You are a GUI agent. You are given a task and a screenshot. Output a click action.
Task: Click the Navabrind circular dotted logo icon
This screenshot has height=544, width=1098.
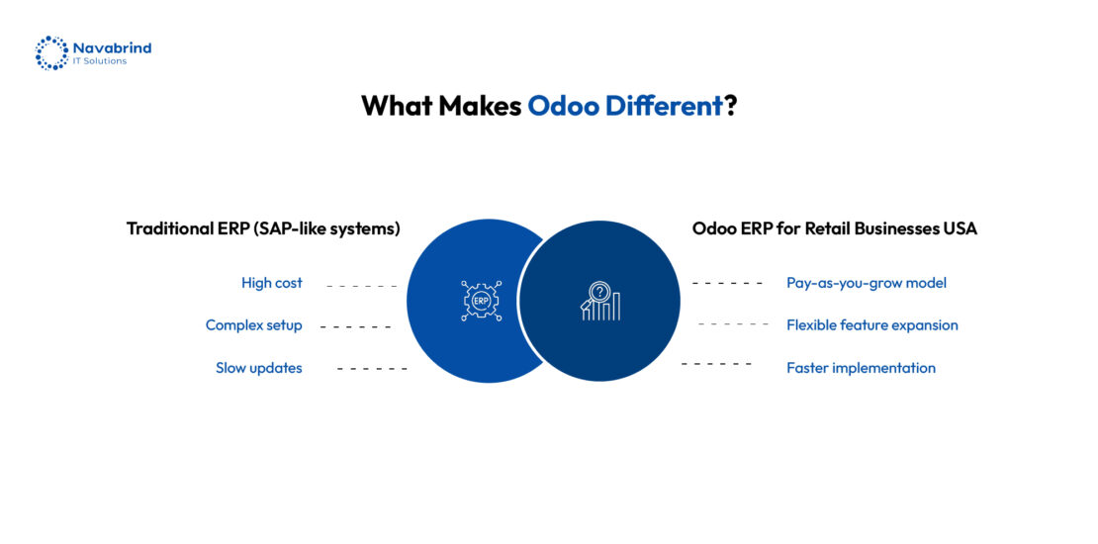[51, 53]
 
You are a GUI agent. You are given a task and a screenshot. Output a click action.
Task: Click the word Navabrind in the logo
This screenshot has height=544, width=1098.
[112, 47]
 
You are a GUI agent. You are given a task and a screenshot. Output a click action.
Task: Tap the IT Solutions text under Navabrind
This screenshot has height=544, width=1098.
[100, 61]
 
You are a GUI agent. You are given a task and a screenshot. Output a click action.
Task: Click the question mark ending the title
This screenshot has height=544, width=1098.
[730, 106]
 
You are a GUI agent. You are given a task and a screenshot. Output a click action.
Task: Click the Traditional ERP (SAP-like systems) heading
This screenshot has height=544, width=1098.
[263, 228]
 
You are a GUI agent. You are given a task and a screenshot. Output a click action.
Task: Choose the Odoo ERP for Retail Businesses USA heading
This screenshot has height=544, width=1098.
[835, 228]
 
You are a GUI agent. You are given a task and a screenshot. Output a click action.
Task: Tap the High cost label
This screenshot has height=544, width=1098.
[272, 283]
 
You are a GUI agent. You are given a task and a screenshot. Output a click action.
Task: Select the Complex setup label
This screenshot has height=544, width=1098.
[253, 325]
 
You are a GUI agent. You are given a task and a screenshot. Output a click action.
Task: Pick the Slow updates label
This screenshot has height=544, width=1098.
[259, 368]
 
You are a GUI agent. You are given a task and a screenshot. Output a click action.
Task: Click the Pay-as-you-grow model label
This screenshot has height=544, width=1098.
[867, 284]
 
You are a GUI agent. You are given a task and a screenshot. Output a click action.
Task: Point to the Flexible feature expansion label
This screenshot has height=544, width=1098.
[872, 325]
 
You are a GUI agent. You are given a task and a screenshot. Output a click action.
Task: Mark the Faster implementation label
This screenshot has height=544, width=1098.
[862, 368]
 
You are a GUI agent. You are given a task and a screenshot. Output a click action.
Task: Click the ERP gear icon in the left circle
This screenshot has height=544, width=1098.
[481, 301]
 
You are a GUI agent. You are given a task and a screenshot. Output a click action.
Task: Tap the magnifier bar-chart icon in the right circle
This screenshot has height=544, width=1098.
[600, 301]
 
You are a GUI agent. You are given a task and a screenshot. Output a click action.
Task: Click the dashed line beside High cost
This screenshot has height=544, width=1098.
[361, 287]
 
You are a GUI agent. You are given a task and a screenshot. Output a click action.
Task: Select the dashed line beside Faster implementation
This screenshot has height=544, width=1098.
[716, 363]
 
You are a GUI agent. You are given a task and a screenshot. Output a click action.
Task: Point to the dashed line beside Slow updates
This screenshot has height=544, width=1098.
[372, 368]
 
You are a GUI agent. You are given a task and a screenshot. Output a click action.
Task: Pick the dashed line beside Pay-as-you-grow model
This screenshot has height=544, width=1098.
[728, 284]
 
